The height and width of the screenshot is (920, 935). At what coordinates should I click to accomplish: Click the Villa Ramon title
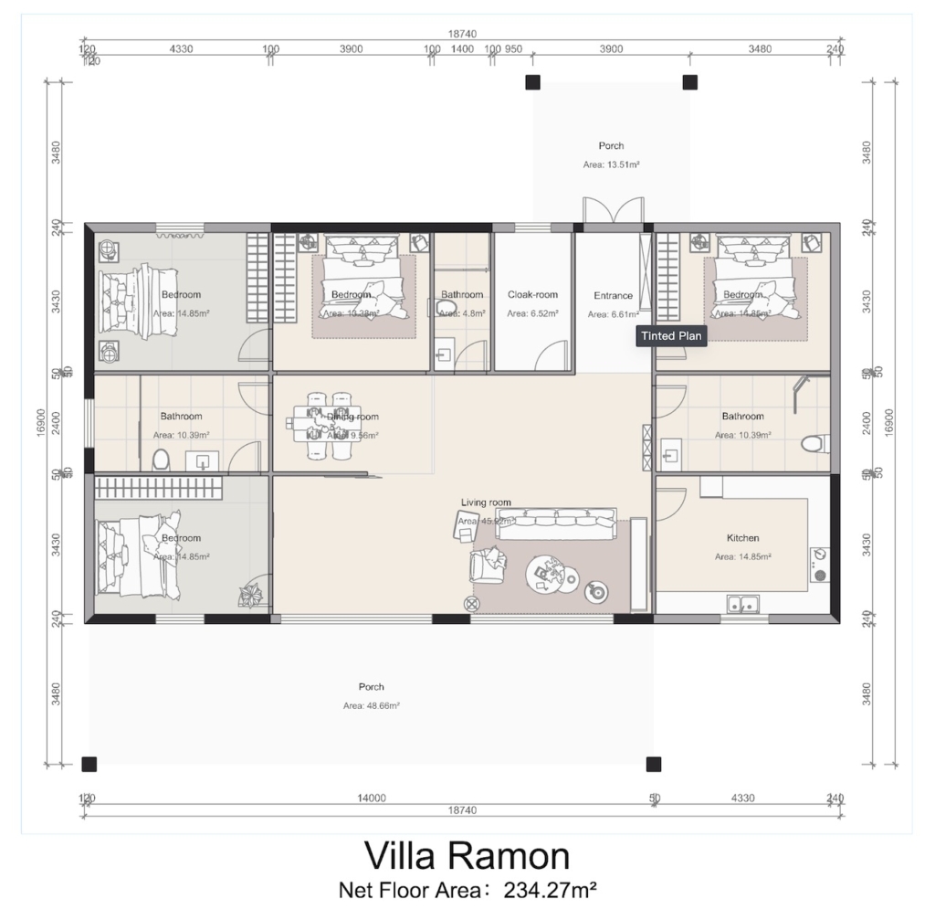467,855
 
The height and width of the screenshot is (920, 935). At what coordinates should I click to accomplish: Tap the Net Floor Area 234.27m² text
467,889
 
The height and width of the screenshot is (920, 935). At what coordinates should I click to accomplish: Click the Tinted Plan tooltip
671,336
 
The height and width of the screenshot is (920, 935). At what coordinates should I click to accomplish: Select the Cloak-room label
532,295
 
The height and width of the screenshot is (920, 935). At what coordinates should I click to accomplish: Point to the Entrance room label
613,296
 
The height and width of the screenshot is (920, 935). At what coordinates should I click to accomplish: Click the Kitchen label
742,538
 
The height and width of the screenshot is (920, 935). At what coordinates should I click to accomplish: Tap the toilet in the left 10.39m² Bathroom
162,459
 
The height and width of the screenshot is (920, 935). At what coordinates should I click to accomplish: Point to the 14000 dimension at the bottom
373,798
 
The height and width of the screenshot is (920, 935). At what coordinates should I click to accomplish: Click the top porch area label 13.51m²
611,165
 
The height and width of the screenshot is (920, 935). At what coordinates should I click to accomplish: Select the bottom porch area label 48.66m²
372,706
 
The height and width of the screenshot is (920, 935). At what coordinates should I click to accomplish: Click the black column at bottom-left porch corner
89,764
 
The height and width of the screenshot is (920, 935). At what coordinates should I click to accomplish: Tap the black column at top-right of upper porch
690,82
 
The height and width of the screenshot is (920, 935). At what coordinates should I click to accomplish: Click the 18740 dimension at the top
461,34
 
